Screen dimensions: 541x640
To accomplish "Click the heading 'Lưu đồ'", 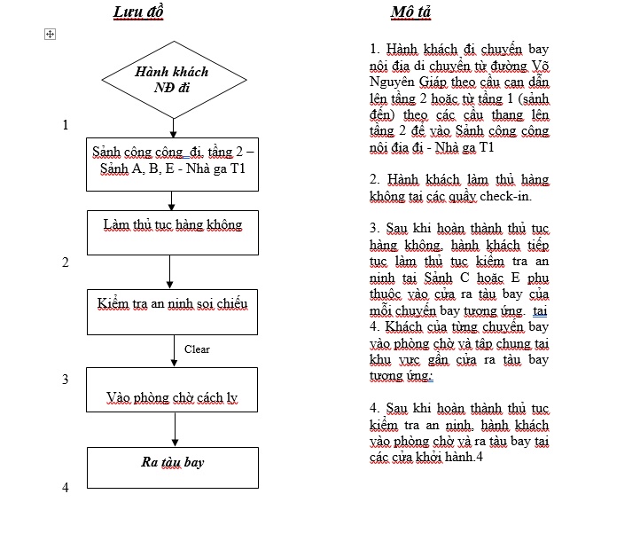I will click(x=138, y=12).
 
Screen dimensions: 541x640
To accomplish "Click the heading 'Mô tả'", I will click(x=411, y=12).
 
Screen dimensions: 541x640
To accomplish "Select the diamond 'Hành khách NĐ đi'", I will click(x=174, y=79).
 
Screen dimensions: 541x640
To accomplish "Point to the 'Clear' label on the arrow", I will click(x=197, y=349).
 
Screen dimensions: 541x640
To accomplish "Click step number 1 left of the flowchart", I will click(x=66, y=125).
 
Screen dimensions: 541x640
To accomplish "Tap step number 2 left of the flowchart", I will click(x=66, y=263).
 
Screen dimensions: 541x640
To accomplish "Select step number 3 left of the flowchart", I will click(x=66, y=380).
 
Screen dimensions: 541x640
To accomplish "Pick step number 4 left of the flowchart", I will click(x=66, y=488).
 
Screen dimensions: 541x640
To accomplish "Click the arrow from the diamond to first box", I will click(x=174, y=128).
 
